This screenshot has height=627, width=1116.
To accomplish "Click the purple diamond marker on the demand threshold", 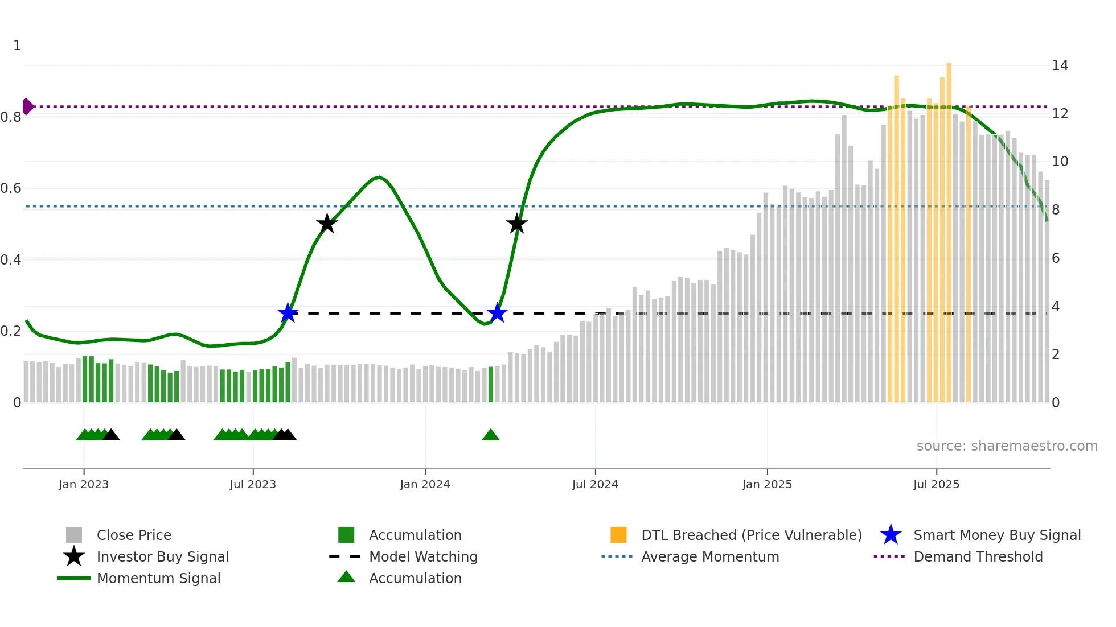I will click(x=27, y=106).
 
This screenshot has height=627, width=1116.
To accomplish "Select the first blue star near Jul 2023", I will click(x=288, y=313).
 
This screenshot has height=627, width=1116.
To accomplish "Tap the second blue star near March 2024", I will click(x=497, y=313).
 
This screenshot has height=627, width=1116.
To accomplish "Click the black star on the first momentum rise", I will click(x=327, y=224).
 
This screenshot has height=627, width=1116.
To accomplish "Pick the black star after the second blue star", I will click(x=516, y=224).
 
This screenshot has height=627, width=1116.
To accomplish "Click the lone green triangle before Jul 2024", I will click(x=490, y=435).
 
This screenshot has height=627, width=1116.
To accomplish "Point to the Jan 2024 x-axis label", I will click(x=425, y=484).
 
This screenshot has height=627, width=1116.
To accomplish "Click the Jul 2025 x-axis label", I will click(x=936, y=484).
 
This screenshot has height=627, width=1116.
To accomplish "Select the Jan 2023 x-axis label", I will click(x=84, y=484).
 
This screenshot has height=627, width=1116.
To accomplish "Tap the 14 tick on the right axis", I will click(x=1060, y=65).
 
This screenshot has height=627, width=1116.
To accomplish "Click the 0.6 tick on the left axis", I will click(x=11, y=188).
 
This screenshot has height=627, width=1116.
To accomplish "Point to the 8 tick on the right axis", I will click(x=1056, y=210).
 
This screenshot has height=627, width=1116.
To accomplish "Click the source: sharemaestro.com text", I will click(x=1007, y=446).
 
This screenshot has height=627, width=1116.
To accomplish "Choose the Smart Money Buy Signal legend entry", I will click(x=996, y=535).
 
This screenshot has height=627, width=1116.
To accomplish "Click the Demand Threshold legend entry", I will click(x=978, y=557).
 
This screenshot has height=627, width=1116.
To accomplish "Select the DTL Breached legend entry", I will click(x=751, y=535).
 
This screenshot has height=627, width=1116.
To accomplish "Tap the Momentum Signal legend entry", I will click(x=158, y=579).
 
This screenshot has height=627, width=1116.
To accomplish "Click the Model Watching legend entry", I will click(x=423, y=557).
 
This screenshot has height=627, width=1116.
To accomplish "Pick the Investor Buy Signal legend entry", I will click(x=162, y=557).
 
